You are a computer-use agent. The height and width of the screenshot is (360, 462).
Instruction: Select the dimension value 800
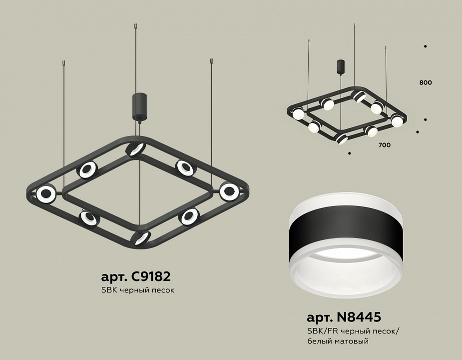pos(426,82)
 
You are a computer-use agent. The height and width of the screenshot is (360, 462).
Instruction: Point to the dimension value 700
pos(384,145)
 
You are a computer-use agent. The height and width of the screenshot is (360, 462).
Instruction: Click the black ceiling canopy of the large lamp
pos(138,106)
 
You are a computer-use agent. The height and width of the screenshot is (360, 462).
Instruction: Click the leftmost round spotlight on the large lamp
pos(45,193)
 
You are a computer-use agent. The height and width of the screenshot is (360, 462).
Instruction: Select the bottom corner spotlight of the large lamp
pos(141,237)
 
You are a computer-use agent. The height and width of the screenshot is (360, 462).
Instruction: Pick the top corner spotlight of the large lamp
pos(135,148)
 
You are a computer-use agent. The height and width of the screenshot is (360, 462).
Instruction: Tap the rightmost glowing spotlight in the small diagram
pos(397,121)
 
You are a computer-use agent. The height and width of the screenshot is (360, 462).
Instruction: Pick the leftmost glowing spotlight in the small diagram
pos(298,114)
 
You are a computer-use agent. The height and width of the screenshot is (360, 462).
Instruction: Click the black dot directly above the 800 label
pos(425,47)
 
